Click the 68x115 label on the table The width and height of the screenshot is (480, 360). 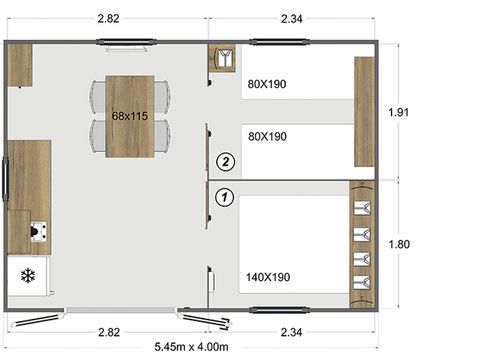[130, 116]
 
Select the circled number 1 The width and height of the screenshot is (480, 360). [225, 197]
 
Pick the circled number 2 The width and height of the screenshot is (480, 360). [225, 160]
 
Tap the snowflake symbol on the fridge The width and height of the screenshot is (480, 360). [28, 276]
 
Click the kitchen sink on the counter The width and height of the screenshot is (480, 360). [38, 233]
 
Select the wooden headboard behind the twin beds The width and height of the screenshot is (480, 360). [364, 112]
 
